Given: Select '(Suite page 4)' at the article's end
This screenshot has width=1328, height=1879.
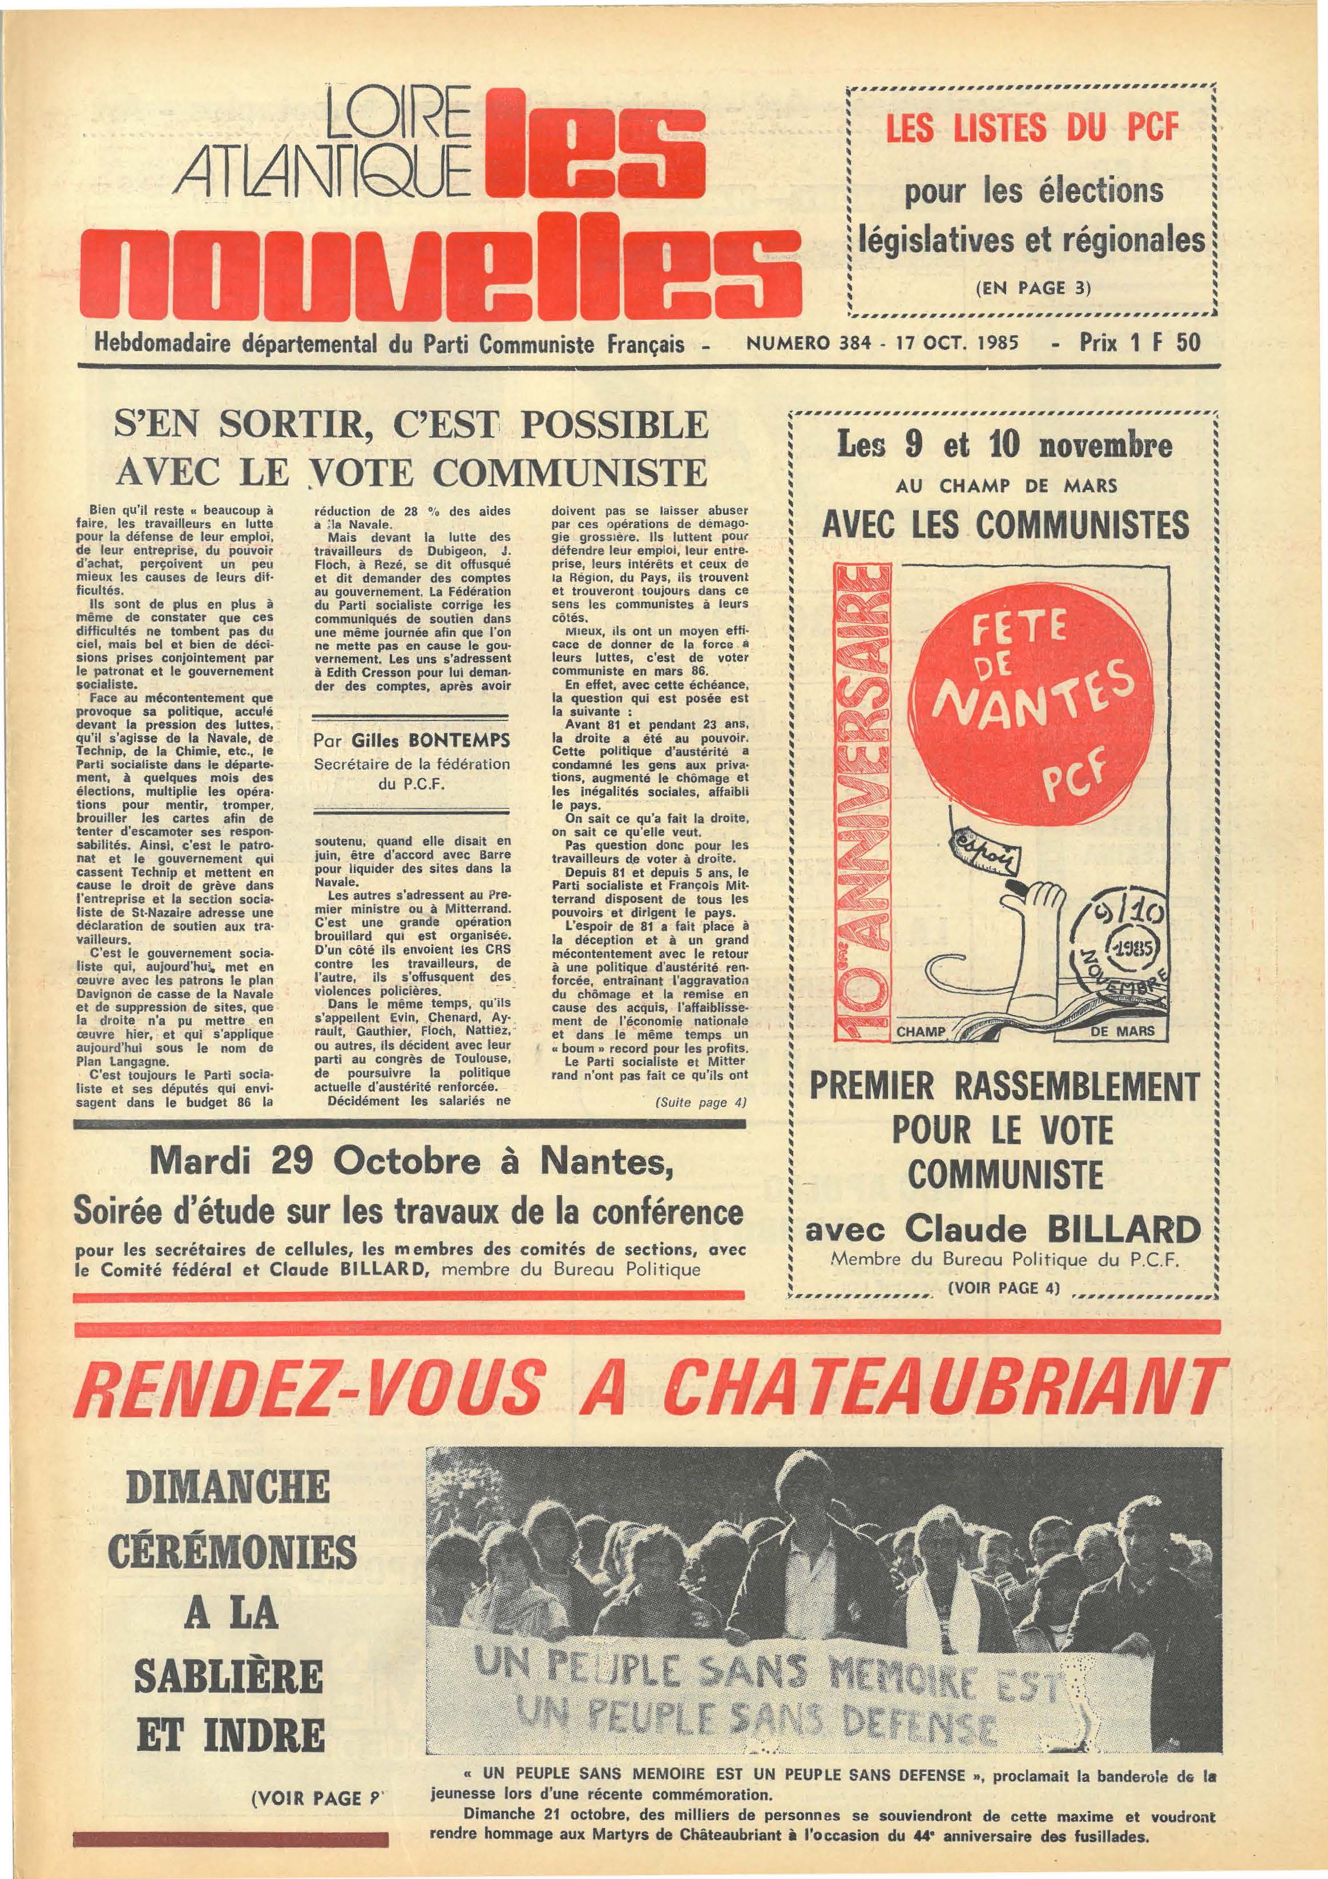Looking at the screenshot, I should click(703, 1103).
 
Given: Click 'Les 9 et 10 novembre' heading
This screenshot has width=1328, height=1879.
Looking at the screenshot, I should click(1003, 448).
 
